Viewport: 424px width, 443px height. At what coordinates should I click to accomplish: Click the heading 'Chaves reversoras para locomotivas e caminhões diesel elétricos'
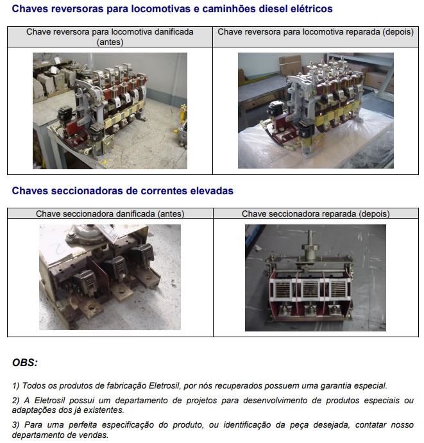(172, 9)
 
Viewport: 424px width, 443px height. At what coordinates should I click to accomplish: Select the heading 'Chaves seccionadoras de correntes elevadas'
(123, 190)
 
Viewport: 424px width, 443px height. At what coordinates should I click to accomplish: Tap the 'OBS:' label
(25, 362)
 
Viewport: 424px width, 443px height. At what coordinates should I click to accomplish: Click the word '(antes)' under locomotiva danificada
(110, 42)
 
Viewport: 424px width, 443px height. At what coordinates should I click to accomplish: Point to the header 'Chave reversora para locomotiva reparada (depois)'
(316, 32)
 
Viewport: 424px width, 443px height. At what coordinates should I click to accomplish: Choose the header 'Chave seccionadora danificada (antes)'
(110, 213)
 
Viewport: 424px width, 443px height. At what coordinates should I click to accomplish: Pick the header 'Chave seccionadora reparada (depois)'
(316, 213)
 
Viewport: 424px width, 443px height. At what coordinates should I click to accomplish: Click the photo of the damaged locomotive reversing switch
(110, 111)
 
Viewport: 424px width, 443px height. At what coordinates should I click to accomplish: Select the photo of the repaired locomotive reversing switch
(316, 110)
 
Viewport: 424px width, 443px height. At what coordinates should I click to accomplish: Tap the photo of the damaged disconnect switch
(110, 277)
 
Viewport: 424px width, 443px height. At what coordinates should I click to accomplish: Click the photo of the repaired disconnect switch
(316, 278)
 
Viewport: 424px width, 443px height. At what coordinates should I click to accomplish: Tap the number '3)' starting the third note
(15, 425)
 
